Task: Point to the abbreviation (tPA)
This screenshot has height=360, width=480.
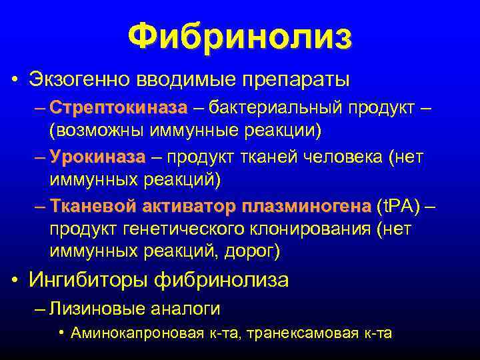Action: [x=399, y=207]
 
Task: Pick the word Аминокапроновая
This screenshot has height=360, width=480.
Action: [x=137, y=333]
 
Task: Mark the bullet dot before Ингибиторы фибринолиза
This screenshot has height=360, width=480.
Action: [x=15, y=281]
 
